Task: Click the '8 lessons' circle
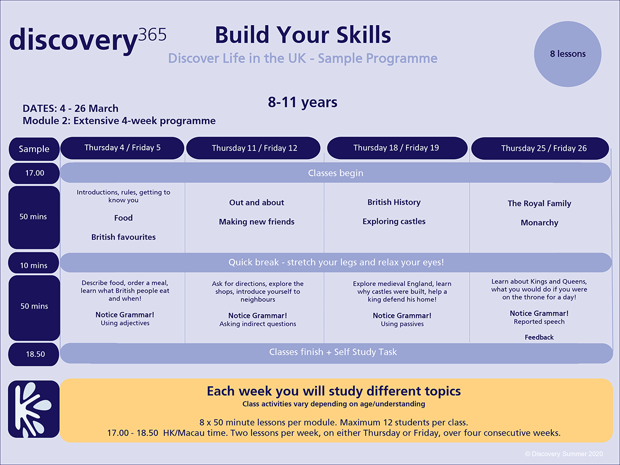point(567,54)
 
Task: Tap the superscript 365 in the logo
point(152,35)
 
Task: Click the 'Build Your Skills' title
point(303,35)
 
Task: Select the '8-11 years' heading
point(303,102)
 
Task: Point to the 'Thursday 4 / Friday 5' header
point(122,148)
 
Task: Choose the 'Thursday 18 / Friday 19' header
point(397,148)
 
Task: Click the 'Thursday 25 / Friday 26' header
point(540,148)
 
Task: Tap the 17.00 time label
point(34,173)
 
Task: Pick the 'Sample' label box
point(34,149)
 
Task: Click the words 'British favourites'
point(123,237)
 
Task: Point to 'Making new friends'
point(257,222)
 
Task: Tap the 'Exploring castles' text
point(394,222)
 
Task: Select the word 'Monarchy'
point(539,223)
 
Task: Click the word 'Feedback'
point(539,337)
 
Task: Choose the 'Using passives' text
point(402,324)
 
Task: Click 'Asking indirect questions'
point(258,324)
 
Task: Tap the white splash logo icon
point(34,409)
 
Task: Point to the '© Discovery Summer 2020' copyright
point(564,454)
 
